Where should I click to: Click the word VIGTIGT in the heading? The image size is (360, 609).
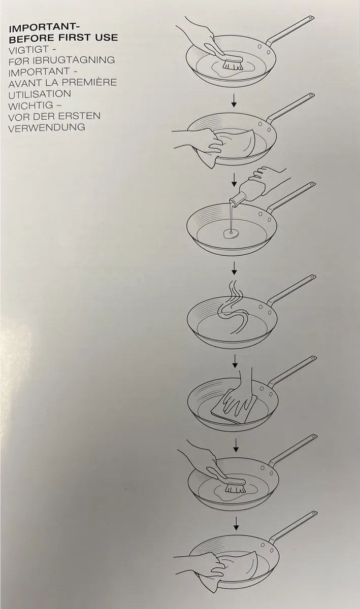click(x=28, y=50)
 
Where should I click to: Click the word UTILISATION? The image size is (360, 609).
click(x=40, y=94)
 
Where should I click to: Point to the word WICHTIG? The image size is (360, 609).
click(x=30, y=106)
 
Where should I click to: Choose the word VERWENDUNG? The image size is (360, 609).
click(x=47, y=127)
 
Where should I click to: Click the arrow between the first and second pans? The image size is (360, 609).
click(x=233, y=100)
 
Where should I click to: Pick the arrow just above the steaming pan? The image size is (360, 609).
click(x=234, y=268)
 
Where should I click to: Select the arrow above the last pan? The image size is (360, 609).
click(x=236, y=523)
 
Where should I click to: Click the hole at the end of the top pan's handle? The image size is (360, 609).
click(x=310, y=18)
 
